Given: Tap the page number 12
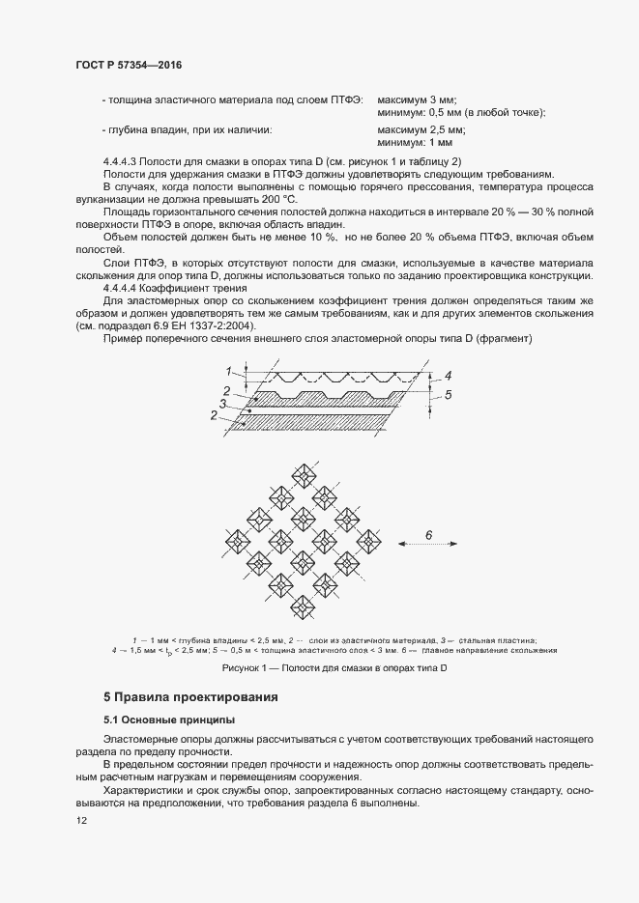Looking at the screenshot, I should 81,820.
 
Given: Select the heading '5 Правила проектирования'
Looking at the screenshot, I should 190,696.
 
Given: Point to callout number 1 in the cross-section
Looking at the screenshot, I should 229,371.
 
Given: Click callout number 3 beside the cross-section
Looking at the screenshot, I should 223,404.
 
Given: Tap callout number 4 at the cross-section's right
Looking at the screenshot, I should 448,376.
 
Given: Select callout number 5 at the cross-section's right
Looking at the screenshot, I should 448,394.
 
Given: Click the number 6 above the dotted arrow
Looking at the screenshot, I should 428,534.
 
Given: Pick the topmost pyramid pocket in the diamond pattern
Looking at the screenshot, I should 303,474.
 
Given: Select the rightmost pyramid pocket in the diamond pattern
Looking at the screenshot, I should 369,541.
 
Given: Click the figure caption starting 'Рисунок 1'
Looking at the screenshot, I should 334,668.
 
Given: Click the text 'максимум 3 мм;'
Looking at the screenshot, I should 417,99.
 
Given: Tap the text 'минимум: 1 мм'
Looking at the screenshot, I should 415,142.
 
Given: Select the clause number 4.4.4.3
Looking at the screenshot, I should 122,160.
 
